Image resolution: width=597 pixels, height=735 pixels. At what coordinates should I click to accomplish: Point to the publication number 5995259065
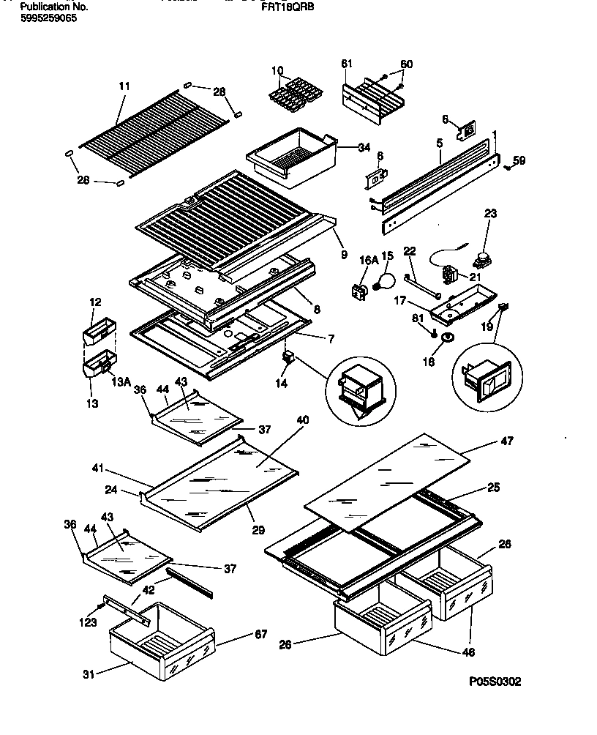[48, 18]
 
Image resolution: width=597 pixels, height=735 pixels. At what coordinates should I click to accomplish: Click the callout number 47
[506, 441]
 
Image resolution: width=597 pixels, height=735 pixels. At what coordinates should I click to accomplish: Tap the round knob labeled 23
[483, 258]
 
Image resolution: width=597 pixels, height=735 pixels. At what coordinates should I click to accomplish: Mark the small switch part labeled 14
[288, 357]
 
